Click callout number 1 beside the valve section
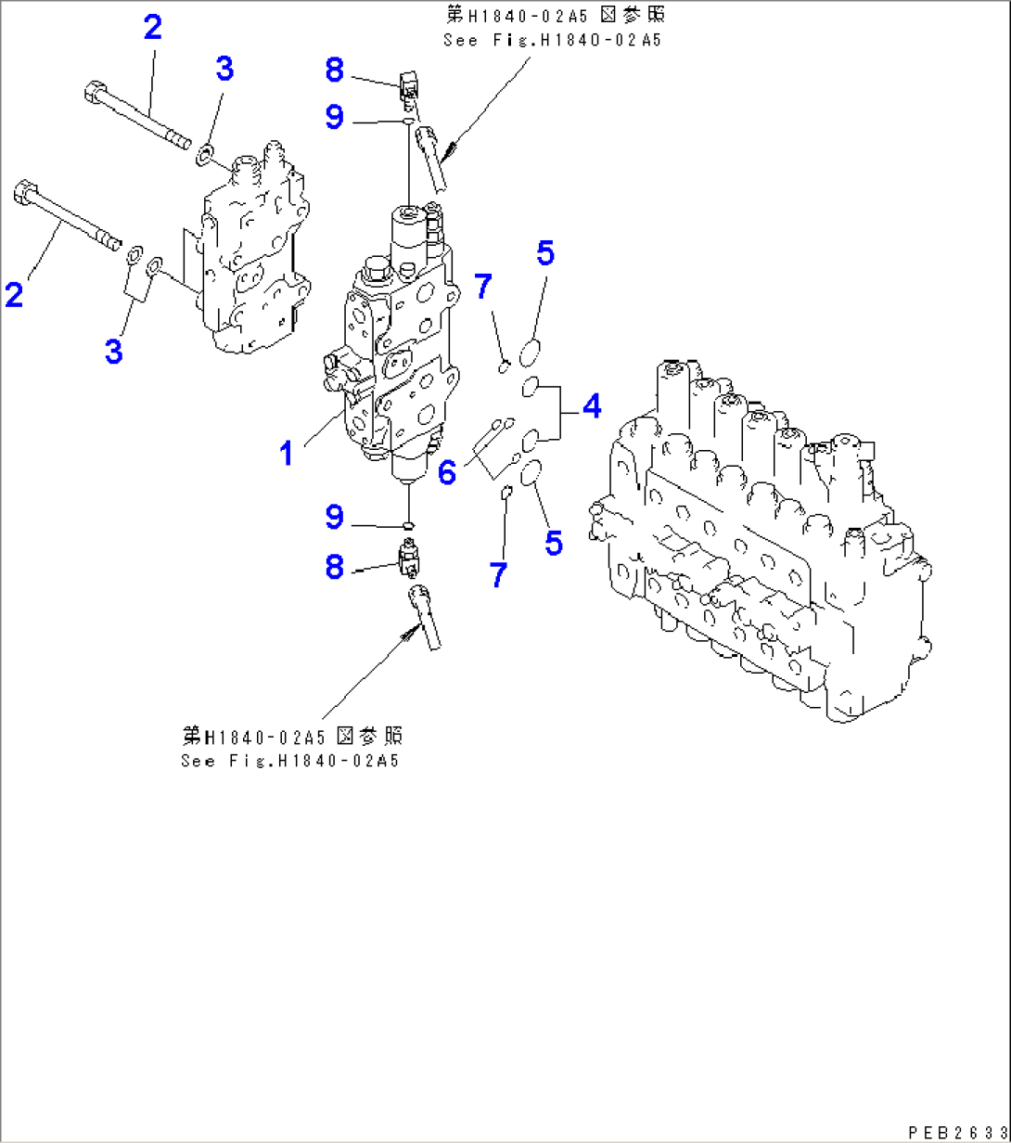coord(288,454)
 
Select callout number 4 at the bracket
coord(590,405)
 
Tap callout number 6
coord(447,471)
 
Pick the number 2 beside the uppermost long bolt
coord(152,27)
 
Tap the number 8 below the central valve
coord(334,566)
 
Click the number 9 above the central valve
coord(334,117)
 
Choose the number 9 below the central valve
coord(334,517)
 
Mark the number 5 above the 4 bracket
coord(545,252)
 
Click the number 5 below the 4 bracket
coord(553,543)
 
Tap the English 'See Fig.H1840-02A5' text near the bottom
coord(289,761)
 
